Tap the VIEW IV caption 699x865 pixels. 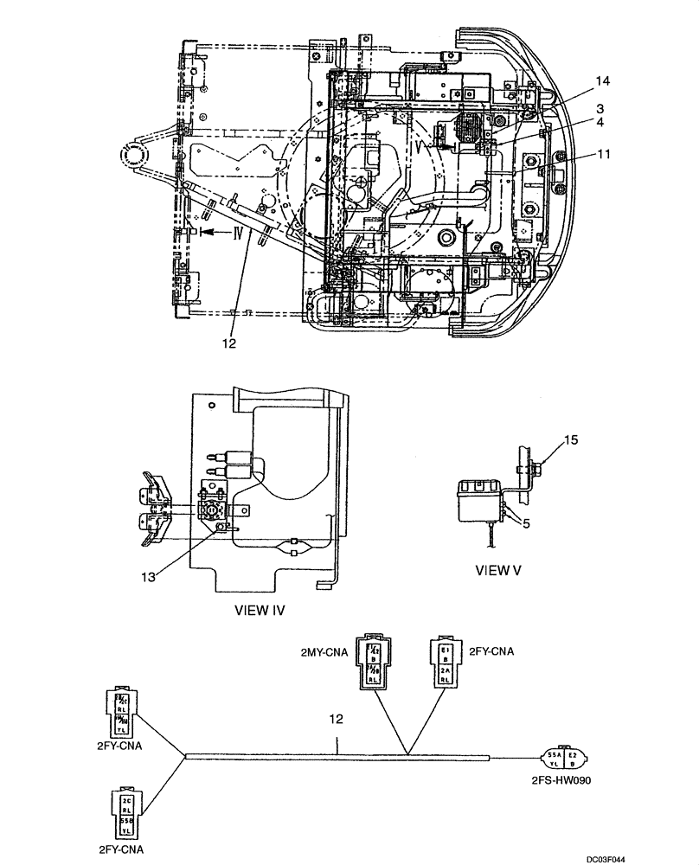260,609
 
